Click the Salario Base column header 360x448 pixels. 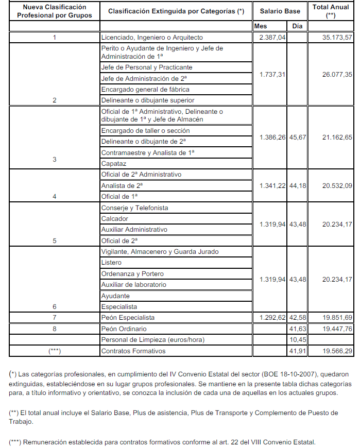280,11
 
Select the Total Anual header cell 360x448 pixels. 331,11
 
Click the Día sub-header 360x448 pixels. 297,26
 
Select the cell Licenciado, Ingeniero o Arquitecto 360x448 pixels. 152,38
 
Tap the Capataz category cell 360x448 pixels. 114,164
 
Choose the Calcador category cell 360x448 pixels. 115,219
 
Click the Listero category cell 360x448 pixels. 112,263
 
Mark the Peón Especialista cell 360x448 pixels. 128,318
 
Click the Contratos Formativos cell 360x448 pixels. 133,351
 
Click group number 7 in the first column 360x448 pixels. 55,318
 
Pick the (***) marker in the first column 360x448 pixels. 55,351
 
